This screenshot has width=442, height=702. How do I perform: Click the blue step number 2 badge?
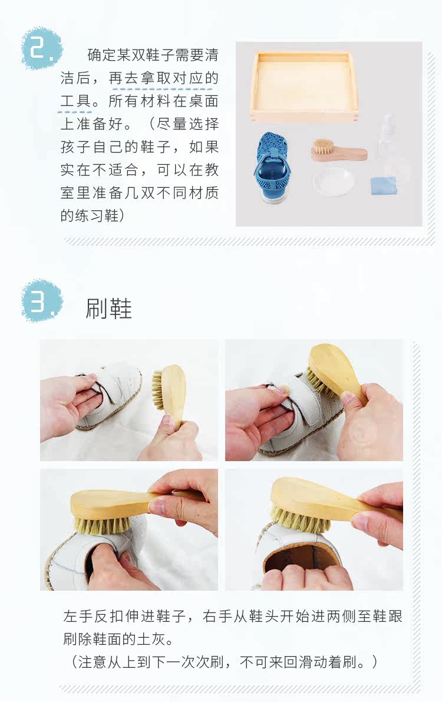(x=42, y=48)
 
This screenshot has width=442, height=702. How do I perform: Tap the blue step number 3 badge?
(x=42, y=301)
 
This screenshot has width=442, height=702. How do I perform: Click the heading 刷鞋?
(x=109, y=309)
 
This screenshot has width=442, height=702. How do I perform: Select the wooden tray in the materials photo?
(x=304, y=87)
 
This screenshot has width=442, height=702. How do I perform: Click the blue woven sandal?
(x=271, y=165)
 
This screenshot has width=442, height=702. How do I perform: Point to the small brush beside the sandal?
(x=339, y=150)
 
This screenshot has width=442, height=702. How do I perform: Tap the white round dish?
(x=334, y=181)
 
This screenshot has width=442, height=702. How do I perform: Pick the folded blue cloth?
(x=383, y=186)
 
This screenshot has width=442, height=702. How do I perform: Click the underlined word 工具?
(x=75, y=101)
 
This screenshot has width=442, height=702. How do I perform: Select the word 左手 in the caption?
(x=78, y=617)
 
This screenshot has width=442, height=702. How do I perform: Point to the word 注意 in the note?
(x=93, y=661)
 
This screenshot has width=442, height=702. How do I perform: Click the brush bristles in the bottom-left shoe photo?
(x=101, y=524)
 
